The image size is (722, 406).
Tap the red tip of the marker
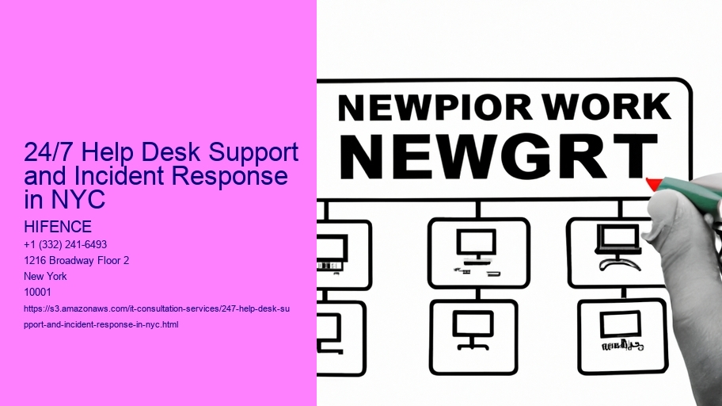coord(654,184)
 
